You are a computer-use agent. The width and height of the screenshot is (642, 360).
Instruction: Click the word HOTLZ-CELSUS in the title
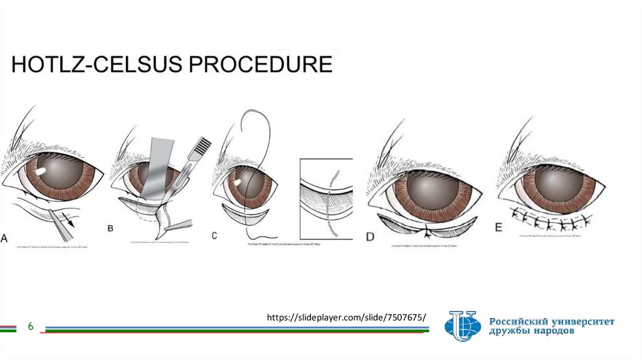tap(98, 65)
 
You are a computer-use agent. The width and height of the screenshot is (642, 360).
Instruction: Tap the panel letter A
tap(5, 238)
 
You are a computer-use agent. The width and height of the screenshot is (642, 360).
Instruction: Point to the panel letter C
tap(214, 236)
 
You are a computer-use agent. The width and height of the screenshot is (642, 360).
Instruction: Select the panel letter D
tap(370, 236)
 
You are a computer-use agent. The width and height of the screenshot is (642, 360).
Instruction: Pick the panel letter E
tap(499, 228)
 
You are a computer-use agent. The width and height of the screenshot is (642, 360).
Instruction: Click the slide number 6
tap(29, 327)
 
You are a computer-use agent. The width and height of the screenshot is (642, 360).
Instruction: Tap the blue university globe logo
tap(463, 326)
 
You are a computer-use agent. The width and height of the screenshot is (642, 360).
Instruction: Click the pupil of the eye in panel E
tap(559, 183)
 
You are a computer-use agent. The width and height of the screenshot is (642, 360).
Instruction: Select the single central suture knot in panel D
tap(428, 231)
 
